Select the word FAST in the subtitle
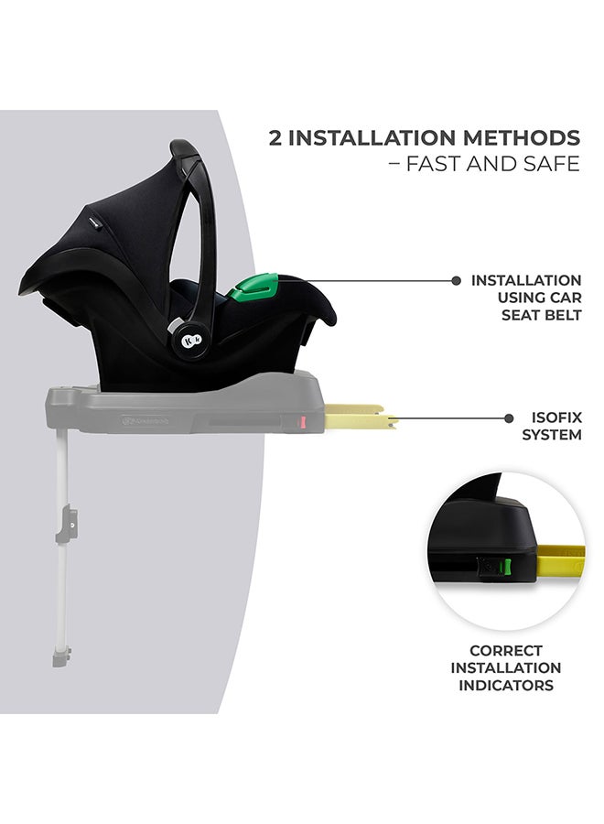(438, 165)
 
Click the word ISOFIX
(552, 417)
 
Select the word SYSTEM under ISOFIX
(552, 435)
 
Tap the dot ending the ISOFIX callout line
(509, 418)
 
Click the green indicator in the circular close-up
(496, 568)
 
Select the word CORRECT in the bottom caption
(506, 651)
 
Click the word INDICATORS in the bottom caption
(506, 685)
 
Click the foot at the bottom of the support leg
(60, 657)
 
